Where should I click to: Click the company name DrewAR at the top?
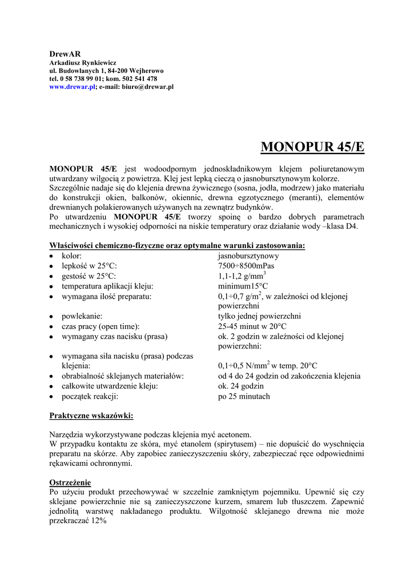[61, 53]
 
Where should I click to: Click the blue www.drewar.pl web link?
[72, 87]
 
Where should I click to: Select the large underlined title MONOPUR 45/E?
[312, 147]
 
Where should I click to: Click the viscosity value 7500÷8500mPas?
[246, 266]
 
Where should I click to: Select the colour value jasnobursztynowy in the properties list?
[248, 256]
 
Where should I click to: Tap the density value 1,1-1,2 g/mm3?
[242, 275]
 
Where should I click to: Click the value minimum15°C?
[243, 286]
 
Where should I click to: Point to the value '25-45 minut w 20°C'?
[252, 326]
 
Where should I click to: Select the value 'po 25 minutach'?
[244, 396]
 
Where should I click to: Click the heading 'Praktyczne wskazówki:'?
[91, 416]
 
